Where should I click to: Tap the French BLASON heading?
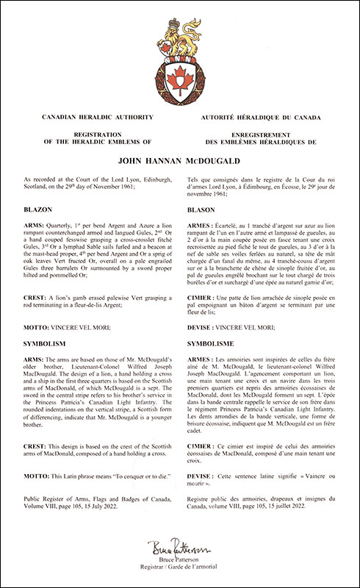[205, 209]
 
